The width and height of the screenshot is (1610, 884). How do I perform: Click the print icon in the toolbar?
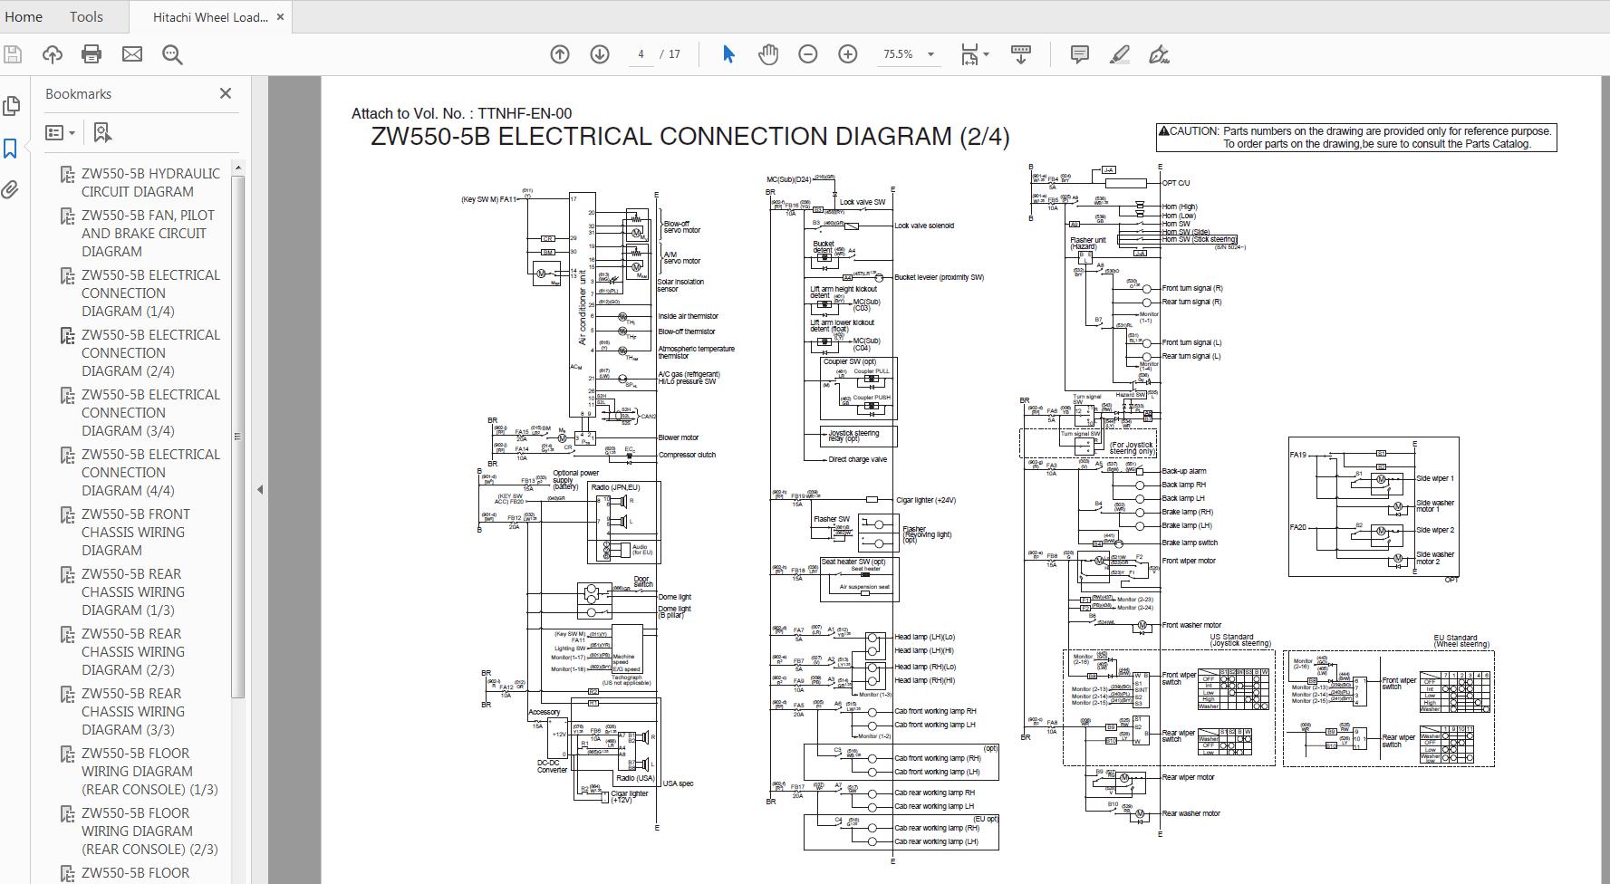92,54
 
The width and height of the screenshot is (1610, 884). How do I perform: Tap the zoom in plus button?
847,54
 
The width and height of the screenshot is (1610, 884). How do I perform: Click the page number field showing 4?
641,54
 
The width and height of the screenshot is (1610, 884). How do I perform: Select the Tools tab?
86,16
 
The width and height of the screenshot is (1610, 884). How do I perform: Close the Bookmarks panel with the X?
226,93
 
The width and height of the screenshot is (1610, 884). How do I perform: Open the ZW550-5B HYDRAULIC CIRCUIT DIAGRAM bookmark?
149,182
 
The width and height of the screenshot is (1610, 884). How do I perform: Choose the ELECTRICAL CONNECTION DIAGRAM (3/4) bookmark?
149,412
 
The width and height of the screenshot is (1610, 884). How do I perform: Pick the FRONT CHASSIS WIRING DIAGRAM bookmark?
136,532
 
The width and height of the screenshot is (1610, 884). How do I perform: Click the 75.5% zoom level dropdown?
907,54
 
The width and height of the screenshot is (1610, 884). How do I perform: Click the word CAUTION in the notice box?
1194,131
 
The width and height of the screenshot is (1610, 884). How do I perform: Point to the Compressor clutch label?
687,455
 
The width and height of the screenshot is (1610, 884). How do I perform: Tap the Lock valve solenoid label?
923,226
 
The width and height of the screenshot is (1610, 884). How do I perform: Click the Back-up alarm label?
1183,471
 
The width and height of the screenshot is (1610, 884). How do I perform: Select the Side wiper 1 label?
1434,478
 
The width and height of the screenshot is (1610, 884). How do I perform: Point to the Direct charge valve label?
857,459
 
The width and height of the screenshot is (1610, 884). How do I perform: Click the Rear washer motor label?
1191,813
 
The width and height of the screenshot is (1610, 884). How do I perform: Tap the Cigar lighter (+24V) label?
925,500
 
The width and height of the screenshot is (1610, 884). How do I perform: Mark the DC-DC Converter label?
552,766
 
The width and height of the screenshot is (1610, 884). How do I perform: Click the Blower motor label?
678,437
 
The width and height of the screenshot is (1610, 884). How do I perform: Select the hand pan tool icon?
767,54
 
